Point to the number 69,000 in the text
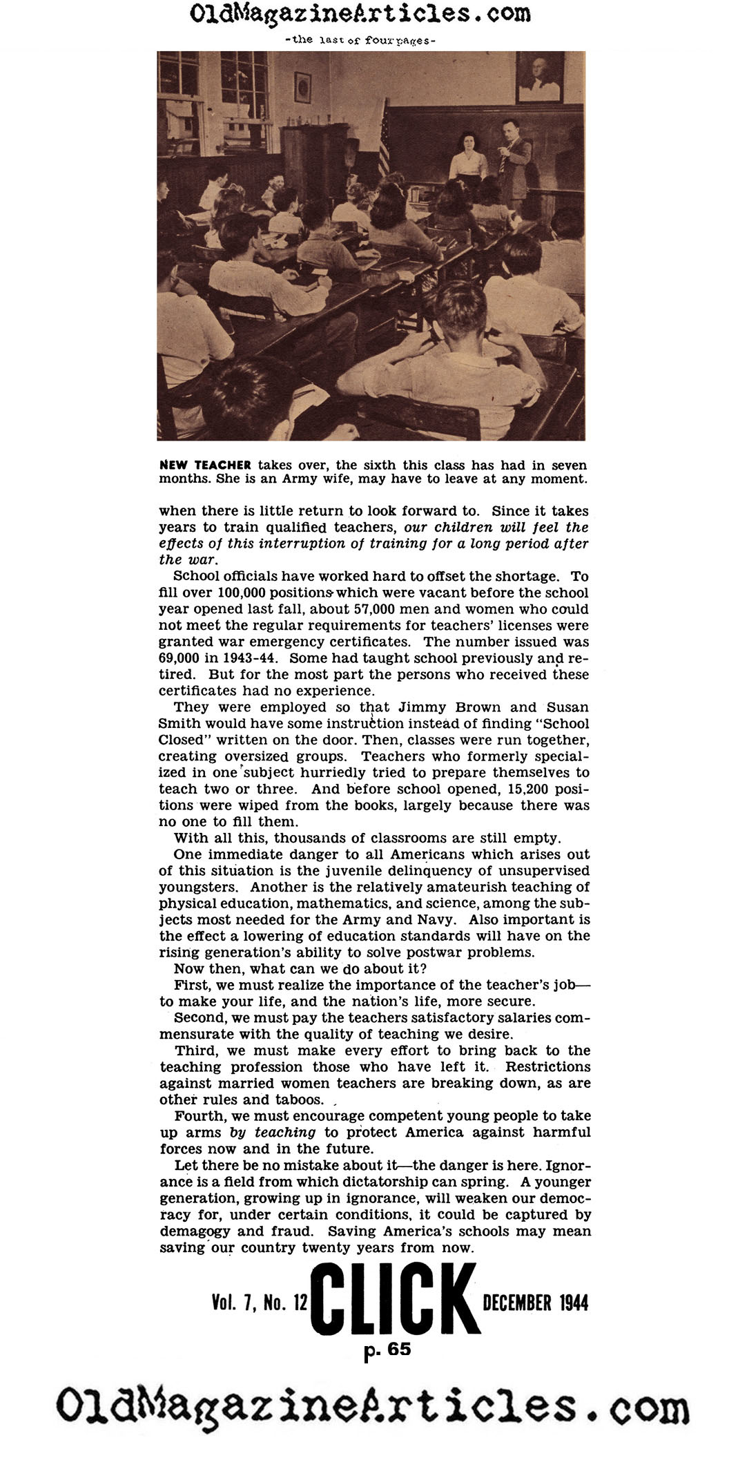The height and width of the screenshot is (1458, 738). pos(181,658)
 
